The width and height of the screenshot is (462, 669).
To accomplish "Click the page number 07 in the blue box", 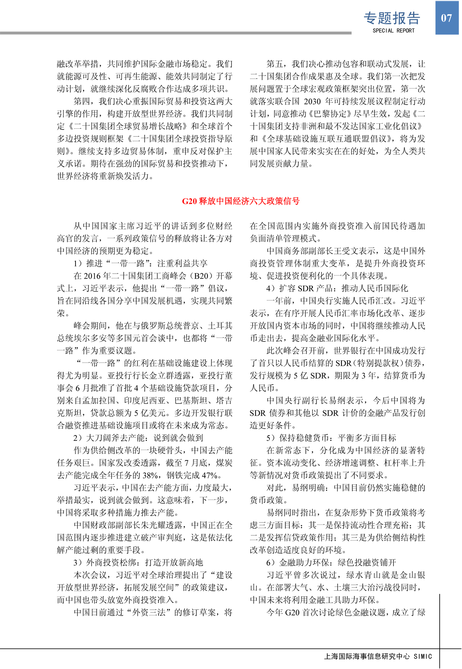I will tap(446, 18).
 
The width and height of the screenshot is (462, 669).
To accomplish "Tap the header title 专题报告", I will tap(392, 18).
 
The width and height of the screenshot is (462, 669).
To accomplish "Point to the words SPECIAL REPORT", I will tap(393, 31).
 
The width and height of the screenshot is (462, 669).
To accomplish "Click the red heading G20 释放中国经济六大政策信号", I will tap(241, 201).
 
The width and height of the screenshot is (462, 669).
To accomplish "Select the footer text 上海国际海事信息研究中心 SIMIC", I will tap(378, 656).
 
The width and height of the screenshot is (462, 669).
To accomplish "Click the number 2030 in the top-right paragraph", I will tap(312, 101).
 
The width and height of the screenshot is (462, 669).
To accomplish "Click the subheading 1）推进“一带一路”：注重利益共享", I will tap(141, 263).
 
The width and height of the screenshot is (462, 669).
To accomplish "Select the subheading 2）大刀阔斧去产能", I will tap(138, 438).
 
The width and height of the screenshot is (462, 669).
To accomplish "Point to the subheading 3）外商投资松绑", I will tap(138, 563).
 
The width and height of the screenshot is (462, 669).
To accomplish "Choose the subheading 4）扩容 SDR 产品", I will tap(337, 288).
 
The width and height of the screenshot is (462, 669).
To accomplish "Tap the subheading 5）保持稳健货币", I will tap(331, 438).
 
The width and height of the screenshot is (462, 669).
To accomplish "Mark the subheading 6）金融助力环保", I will tap(331, 563).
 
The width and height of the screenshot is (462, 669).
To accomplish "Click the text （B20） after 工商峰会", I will tap(201, 276).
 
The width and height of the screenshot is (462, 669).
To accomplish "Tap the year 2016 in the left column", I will tap(92, 276).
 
